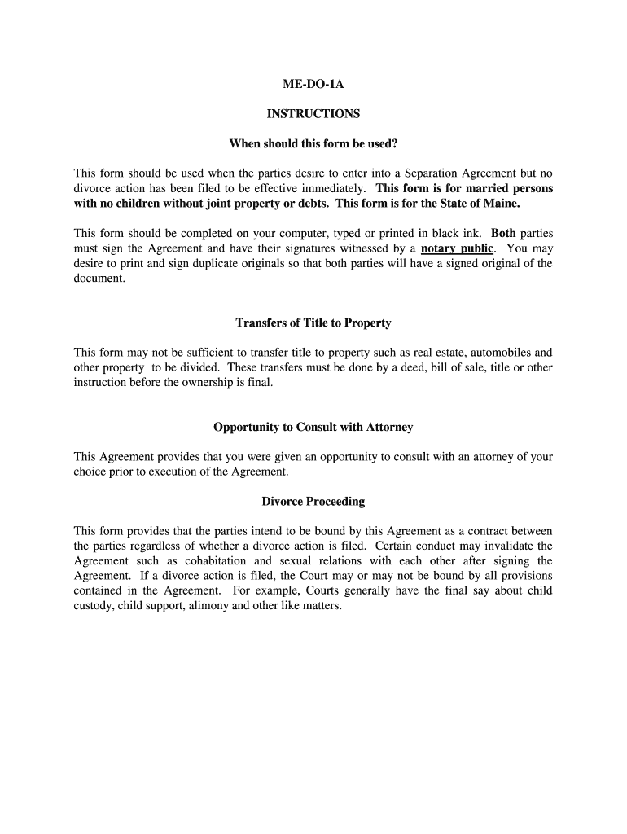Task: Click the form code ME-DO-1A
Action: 313,84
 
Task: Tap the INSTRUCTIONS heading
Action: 313,114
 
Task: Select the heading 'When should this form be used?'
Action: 313,144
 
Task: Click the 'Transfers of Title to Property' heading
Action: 313,323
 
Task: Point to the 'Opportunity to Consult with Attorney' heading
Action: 313,427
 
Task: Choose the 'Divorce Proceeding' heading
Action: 313,502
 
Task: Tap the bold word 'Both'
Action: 504,233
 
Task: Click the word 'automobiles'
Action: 499,353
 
